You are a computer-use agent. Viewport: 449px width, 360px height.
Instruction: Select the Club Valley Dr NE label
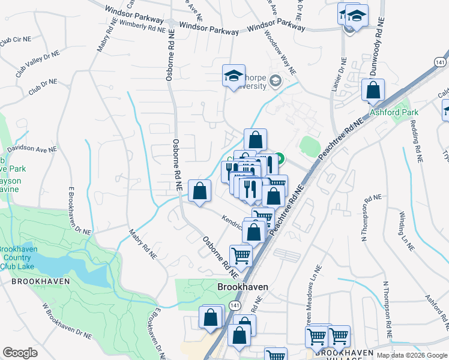38,62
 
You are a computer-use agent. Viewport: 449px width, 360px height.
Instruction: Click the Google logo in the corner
20,353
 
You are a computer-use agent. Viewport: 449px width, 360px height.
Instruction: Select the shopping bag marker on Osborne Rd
199,191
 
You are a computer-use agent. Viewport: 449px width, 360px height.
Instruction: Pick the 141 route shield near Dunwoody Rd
440,62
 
